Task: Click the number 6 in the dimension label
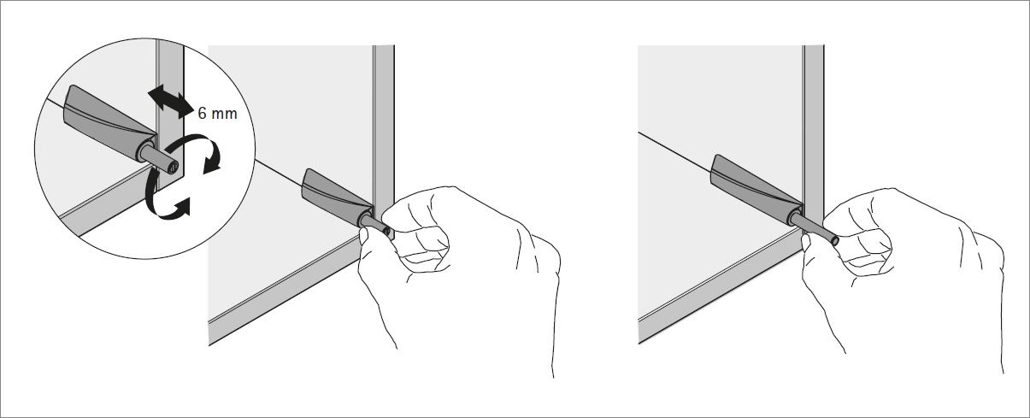202,114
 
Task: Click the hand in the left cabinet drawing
462,256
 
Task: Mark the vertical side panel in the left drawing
384,120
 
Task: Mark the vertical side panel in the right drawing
813,120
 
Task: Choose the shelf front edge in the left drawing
282,282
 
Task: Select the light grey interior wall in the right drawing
718,94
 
